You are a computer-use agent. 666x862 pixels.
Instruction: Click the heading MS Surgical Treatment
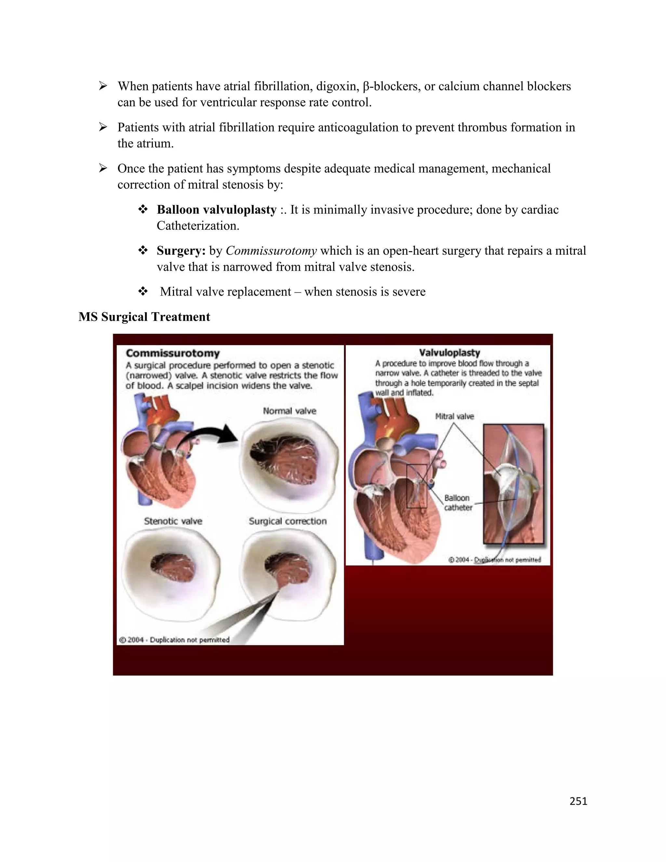pyautogui.click(x=144, y=317)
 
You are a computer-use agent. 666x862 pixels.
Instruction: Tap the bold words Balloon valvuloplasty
pyautogui.click(x=217, y=209)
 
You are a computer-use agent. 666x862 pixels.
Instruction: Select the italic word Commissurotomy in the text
pyautogui.click(x=271, y=250)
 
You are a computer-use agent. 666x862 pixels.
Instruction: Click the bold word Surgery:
pyautogui.click(x=181, y=250)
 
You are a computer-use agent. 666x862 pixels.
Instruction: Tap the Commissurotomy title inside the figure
pyautogui.click(x=172, y=353)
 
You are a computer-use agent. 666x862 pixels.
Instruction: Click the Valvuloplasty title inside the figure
pyautogui.click(x=449, y=353)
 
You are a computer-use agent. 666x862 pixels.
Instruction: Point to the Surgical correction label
pyautogui.click(x=287, y=521)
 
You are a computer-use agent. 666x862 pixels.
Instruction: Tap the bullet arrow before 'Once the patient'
pyautogui.click(x=103, y=168)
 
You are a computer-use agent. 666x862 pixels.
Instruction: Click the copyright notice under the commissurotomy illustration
pyautogui.click(x=174, y=640)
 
